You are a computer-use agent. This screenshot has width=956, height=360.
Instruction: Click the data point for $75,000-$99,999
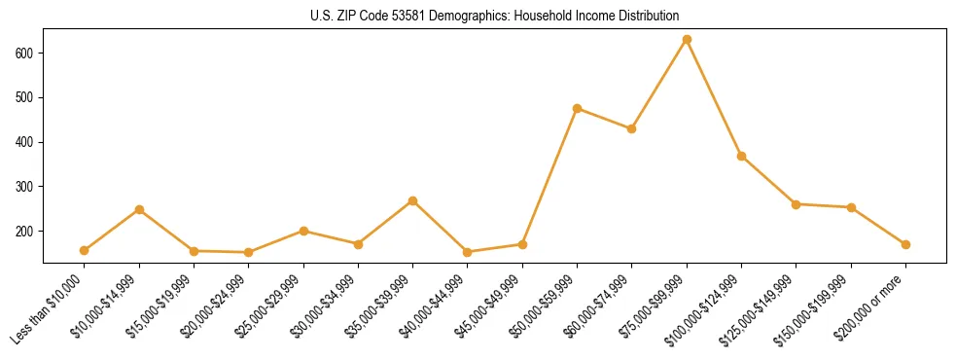click(687, 39)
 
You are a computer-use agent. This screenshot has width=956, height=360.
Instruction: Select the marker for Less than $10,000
click(85, 250)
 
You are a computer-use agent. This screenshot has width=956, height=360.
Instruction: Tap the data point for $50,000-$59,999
click(578, 108)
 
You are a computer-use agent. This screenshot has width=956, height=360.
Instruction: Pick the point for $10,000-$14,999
click(139, 209)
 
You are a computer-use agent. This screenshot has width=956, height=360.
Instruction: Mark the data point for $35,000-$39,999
click(413, 200)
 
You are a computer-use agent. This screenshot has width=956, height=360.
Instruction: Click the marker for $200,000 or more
click(905, 244)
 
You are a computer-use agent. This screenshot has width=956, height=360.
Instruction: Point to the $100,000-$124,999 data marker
click(741, 156)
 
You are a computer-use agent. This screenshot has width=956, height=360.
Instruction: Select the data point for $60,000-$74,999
click(632, 128)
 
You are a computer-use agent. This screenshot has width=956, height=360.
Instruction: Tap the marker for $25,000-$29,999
click(303, 231)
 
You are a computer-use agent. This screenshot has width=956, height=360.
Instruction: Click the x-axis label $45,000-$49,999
click(491, 305)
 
